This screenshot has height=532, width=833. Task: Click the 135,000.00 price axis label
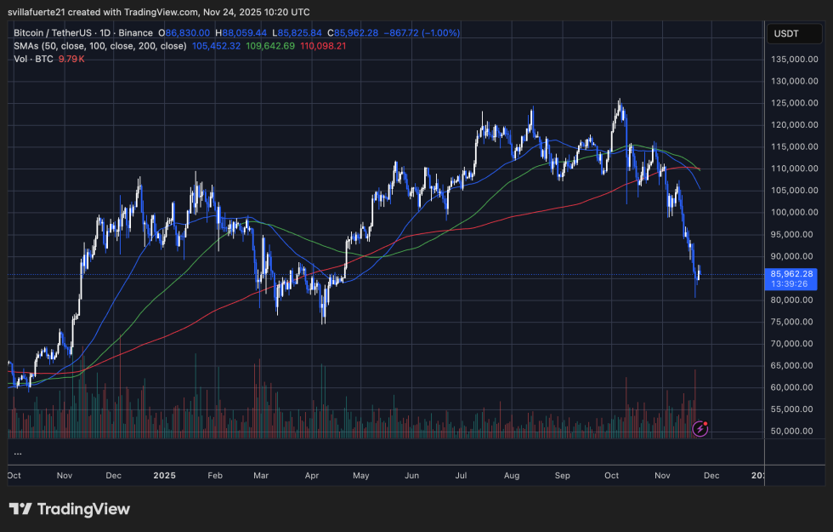(793, 60)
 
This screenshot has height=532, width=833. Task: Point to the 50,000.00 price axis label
(793, 431)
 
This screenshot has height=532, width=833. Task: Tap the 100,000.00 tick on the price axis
(793, 212)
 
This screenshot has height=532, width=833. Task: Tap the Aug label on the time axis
(511, 475)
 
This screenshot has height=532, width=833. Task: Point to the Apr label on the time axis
(310, 475)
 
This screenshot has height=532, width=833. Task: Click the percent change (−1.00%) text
(435, 32)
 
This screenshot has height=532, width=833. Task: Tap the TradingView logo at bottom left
(70, 509)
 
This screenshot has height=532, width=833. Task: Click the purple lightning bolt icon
(700, 429)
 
